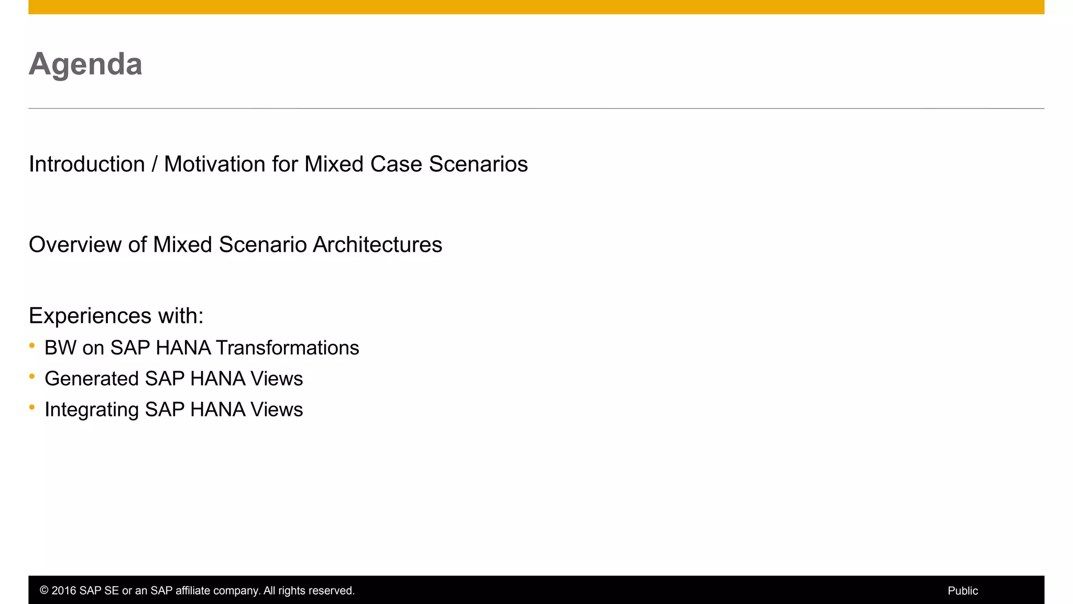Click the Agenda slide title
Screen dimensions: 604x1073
(x=85, y=64)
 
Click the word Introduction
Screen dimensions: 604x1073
(x=87, y=164)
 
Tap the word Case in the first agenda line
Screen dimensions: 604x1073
(x=396, y=164)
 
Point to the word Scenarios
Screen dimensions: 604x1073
(x=478, y=164)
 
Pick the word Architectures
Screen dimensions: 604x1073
(x=377, y=245)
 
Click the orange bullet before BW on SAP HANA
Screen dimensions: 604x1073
(x=32, y=346)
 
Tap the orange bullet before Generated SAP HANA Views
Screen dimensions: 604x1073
(x=32, y=376)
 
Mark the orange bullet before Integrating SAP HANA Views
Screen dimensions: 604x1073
(x=32, y=407)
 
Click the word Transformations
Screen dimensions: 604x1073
(x=287, y=348)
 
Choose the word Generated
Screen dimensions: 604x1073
(x=92, y=379)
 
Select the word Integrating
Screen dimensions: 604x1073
(x=92, y=410)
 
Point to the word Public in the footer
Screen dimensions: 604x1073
(x=962, y=591)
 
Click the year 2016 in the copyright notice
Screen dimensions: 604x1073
(x=63, y=591)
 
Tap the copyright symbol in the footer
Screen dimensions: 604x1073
(x=44, y=591)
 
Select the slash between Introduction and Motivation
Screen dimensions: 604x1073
(x=155, y=164)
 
